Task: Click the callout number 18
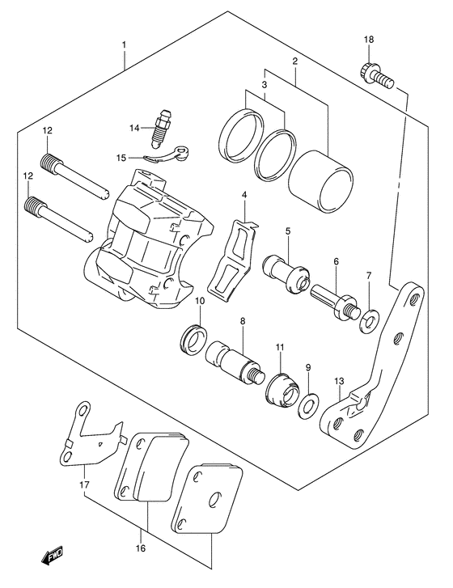coord(368,40)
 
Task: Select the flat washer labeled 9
coord(307,403)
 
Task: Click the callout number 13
coord(338,383)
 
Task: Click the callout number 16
coord(140,548)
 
